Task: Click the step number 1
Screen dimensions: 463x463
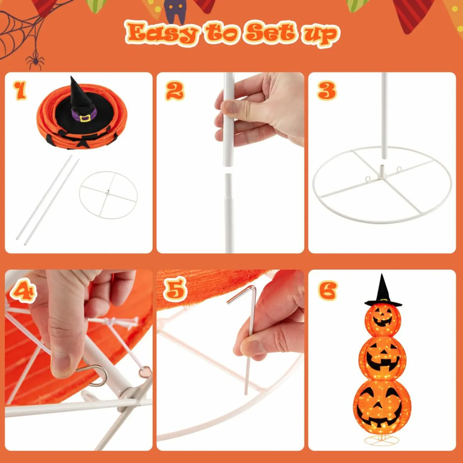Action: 20,90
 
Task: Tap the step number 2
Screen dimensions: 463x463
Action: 175,91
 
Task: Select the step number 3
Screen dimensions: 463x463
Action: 327,91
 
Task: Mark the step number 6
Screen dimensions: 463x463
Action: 327,290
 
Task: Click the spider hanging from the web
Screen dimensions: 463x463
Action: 35,60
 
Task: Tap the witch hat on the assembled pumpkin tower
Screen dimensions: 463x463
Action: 383,292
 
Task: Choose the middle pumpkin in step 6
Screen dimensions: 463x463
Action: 382,358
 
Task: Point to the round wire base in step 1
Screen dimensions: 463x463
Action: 108,195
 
